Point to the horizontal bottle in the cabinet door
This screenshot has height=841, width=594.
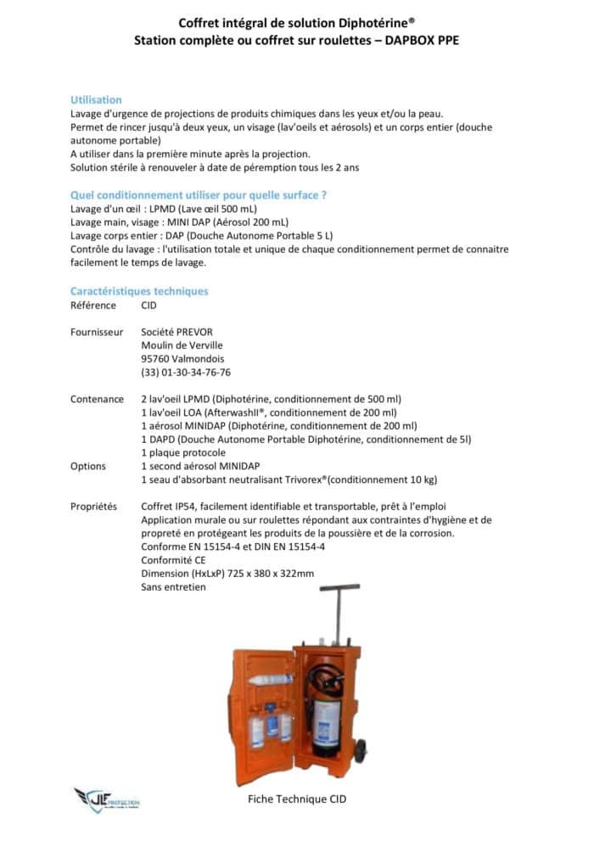[271, 680]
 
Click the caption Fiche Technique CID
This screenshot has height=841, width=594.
[297, 799]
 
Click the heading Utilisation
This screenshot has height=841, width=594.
[96, 100]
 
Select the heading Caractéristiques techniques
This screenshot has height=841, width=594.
[139, 291]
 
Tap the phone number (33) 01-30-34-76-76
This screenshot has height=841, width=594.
[186, 372]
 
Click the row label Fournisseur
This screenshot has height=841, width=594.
[97, 332]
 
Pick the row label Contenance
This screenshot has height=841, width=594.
[97, 399]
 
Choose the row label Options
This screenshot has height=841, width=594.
[88, 466]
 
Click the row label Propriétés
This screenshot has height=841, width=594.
[94, 506]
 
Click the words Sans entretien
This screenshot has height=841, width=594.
[173, 586]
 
